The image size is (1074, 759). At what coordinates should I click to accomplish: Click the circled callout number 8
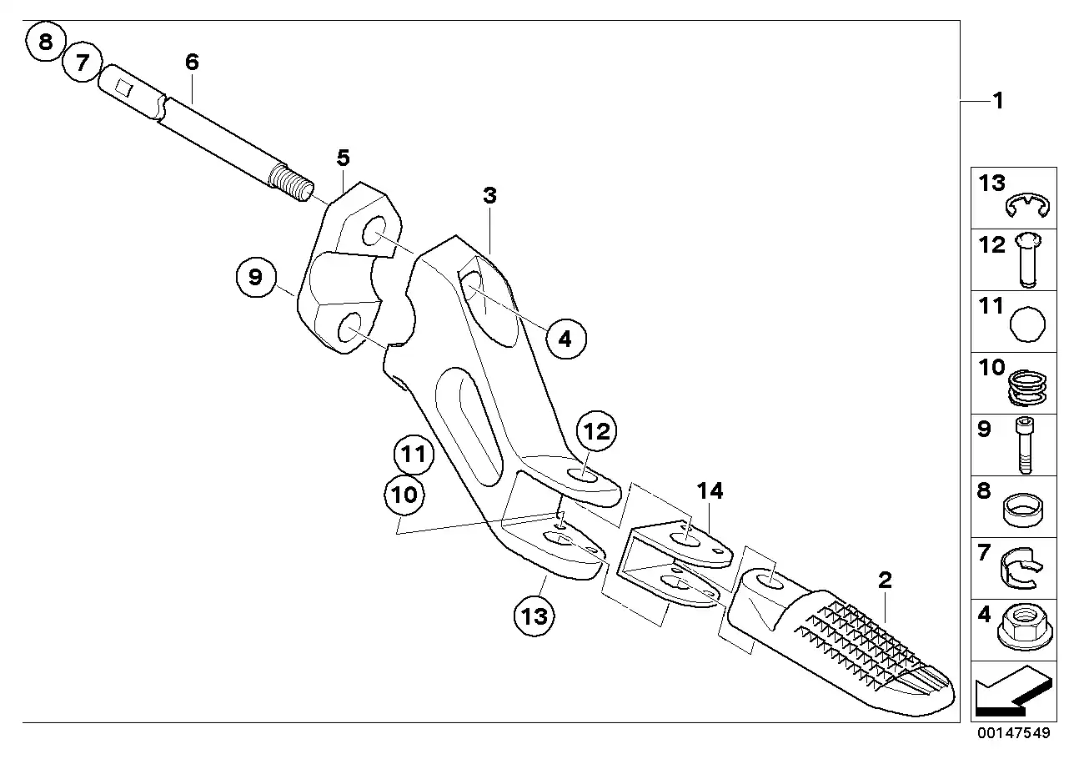[x=46, y=42]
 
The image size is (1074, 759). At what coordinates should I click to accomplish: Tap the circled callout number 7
[x=83, y=63]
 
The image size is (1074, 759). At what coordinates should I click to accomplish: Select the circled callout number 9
[x=256, y=277]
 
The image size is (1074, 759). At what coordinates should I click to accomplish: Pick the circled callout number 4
[x=565, y=339]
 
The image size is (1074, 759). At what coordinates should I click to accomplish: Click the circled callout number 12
[x=596, y=431]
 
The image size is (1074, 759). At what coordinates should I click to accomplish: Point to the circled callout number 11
[x=414, y=454]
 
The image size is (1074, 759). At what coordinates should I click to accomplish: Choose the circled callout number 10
[x=404, y=495]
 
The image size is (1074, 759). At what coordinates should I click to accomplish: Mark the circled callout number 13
[x=534, y=616]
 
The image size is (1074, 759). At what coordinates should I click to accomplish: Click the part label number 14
[x=710, y=491]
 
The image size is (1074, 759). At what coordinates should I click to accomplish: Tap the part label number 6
[x=192, y=62]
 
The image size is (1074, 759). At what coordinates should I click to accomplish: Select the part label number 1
[x=998, y=101]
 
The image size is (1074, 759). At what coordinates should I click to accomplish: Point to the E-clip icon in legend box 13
[x=1027, y=206]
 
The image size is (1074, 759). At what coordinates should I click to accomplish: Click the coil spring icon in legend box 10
[x=1027, y=388]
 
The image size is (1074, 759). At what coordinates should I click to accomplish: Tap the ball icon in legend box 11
[x=1027, y=324]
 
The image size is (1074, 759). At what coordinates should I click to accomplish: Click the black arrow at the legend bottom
[x=1014, y=691]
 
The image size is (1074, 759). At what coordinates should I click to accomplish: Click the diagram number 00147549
[x=1014, y=733]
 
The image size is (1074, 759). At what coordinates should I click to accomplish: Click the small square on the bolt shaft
[x=123, y=87]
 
